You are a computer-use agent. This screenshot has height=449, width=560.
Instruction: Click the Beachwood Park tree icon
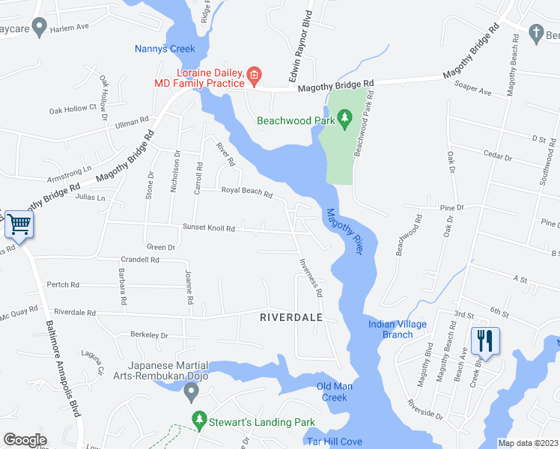(x=344, y=117)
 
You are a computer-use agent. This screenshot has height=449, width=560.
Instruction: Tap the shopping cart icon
(x=19, y=222)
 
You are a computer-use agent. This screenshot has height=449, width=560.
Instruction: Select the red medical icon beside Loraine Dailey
(x=254, y=74)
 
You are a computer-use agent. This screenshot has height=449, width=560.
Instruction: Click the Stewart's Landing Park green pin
(x=198, y=421)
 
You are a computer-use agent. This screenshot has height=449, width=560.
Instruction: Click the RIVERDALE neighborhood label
(x=290, y=317)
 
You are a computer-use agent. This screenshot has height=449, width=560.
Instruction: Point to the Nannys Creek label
(x=165, y=49)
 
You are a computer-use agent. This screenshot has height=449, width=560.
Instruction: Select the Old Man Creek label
(x=332, y=391)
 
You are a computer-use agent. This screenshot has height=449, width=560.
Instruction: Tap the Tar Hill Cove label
(x=334, y=442)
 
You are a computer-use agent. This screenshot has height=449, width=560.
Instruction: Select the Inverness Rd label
(x=310, y=278)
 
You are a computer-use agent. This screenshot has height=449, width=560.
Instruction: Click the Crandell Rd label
(x=140, y=260)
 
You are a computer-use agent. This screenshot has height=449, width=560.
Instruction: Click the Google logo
(x=25, y=440)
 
